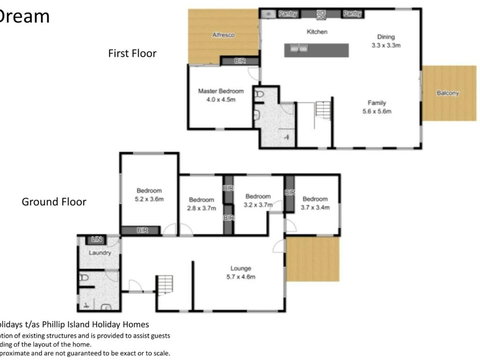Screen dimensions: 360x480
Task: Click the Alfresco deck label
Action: (222, 35)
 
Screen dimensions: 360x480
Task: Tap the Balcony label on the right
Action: (448, 94)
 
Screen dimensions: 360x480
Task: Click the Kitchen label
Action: (317, 32)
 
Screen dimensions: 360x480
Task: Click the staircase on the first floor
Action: (324, 110)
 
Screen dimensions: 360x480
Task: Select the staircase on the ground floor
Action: (167, 284)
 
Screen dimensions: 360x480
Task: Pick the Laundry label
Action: (99, 253)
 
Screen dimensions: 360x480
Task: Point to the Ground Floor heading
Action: (54, 201)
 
